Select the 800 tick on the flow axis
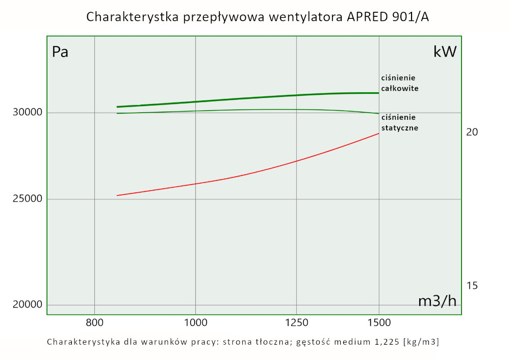click(94, 322)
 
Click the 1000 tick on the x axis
click(195, 322)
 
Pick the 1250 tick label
click(297, 322)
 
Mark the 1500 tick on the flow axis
click(378, 322)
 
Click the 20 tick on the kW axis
click(472, 132)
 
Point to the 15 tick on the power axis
click(472, 286)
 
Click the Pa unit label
click(60, 52)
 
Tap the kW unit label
click(445, 52)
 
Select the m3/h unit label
click(437, 301)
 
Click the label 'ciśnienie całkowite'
click(400, 83)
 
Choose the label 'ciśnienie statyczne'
click(400, 123)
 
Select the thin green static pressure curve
click(255, 110)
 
